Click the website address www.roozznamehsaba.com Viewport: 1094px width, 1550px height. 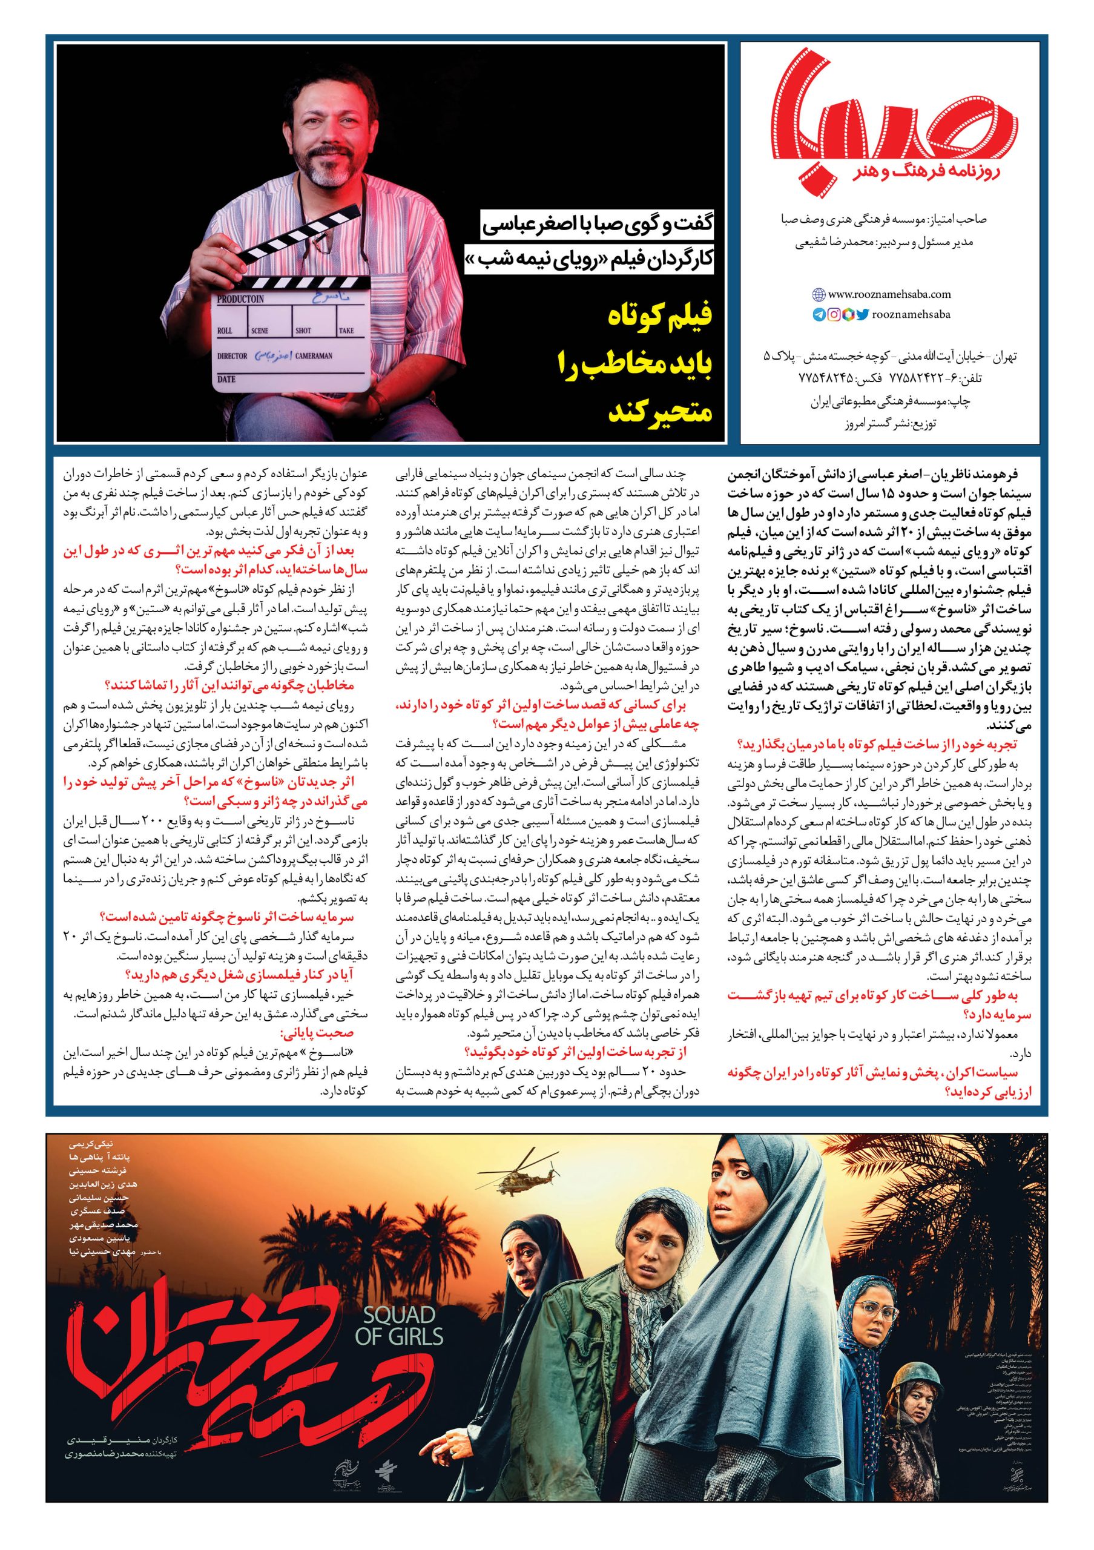click(x=889, y=294)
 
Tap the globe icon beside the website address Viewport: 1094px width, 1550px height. click(x=819, y=294)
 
